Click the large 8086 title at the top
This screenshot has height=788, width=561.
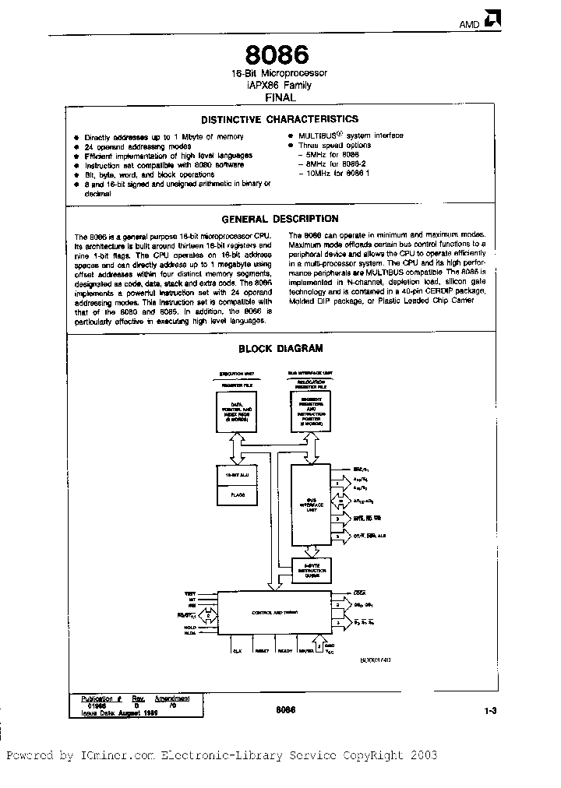pyautogui.click(x=278, y=55)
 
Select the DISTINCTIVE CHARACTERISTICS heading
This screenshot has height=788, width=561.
pyautogui.click(x=280, y=119)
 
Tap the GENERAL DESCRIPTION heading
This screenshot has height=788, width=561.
pyautogui.click(x=280, y=219)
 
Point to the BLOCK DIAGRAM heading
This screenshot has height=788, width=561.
pyautogui.click(x=280, y=349)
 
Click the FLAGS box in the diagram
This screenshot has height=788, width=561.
pyautogui.click(x=235, y=493)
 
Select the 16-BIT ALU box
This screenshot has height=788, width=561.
pyautogui.click(x=235, y=474)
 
